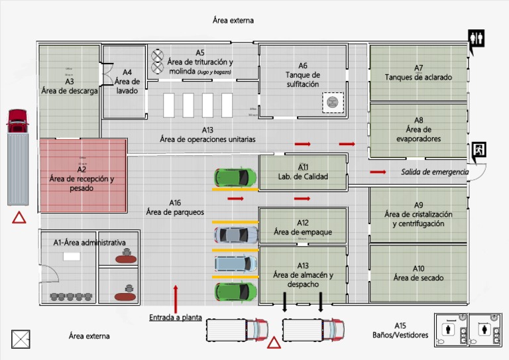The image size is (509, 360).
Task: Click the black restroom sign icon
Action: (x=476, y=39)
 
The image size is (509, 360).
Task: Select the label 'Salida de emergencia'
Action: (x=434, y=172)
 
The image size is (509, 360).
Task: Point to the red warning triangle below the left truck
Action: (x=19, y=217)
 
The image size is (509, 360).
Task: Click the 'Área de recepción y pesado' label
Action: (x=82, y=184)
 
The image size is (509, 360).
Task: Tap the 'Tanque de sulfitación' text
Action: (x=303, y=80)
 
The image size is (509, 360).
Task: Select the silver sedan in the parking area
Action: (x=235, y=235)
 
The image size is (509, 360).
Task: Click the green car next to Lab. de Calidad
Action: (x=235, y=177)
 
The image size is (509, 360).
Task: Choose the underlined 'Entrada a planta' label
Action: (x=176, y=317)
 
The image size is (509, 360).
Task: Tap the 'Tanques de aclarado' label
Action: (x=418, y=77)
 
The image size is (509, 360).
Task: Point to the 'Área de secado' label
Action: (x=418, y=278)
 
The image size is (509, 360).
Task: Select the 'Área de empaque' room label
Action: (x=303, y=232)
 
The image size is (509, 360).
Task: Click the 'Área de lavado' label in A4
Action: (x=127, y=86)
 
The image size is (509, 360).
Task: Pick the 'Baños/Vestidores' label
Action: (x=400, y=335)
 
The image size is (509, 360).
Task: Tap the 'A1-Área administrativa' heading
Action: (x=89, y=243)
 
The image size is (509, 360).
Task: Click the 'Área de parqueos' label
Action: (x=175, y=211)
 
